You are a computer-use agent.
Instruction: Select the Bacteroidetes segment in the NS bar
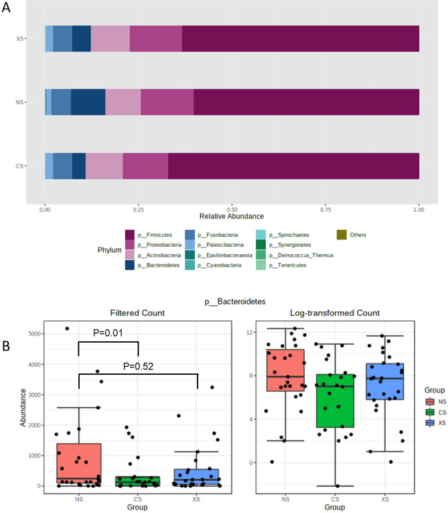[88, 102]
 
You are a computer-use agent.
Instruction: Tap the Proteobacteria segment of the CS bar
[145, 166]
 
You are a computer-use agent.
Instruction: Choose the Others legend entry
[355, 235]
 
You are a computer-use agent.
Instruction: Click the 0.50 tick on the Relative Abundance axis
[232, 209]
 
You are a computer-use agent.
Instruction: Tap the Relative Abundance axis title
[232, 217]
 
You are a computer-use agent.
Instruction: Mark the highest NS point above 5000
[67, 329]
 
